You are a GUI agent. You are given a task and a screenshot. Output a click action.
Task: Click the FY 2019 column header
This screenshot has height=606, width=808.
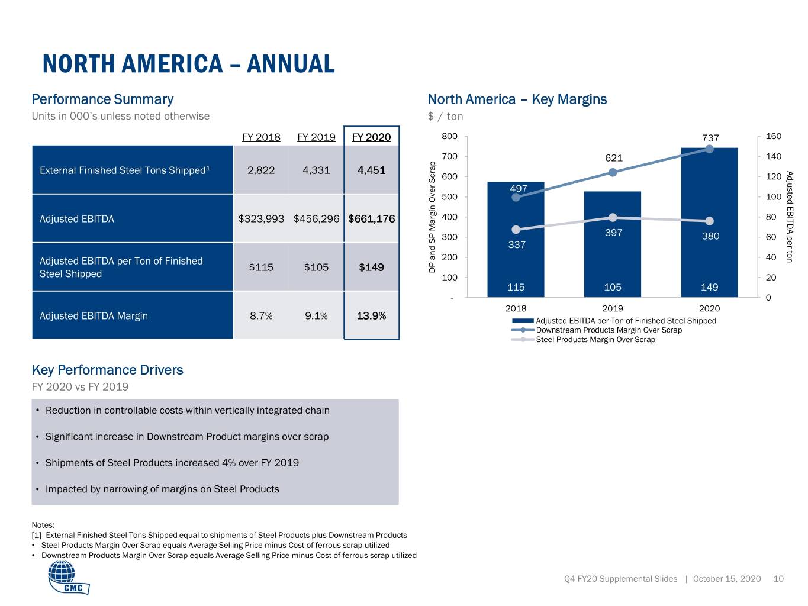316,137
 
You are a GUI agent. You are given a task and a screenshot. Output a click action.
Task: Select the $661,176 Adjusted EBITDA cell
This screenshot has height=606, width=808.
371,218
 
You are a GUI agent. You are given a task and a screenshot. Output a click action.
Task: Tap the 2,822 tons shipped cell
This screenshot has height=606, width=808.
261,170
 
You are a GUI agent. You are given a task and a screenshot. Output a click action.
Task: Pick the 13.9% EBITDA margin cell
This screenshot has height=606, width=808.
371,315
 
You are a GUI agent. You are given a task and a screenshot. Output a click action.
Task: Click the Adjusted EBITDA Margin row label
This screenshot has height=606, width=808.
94,315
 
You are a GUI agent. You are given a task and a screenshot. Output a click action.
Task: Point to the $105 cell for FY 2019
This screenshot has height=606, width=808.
316,267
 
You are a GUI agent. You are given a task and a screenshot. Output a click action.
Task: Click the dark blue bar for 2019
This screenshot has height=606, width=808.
612,244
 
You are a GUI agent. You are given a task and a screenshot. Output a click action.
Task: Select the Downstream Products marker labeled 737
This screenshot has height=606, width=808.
709,149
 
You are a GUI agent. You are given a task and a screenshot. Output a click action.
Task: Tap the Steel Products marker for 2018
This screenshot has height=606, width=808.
516,230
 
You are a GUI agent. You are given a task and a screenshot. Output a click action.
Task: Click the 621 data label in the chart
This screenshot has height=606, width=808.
614,158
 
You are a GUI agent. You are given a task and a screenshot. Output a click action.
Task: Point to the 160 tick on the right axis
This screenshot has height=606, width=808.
774,136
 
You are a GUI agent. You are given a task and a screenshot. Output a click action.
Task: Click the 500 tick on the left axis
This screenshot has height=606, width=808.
449,196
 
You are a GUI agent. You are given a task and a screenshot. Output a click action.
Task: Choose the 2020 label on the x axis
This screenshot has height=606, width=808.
709,308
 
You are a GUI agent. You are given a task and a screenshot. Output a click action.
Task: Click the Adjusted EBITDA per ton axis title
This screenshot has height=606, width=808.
790,217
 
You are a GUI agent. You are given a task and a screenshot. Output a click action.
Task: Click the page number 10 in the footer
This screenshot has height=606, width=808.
778,579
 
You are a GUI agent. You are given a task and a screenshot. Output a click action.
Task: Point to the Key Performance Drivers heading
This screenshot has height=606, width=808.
108,370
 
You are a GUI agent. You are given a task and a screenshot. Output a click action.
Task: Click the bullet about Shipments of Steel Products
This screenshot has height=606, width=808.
172,463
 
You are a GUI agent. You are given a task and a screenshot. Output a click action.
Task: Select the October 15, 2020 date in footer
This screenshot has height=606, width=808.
727,579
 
